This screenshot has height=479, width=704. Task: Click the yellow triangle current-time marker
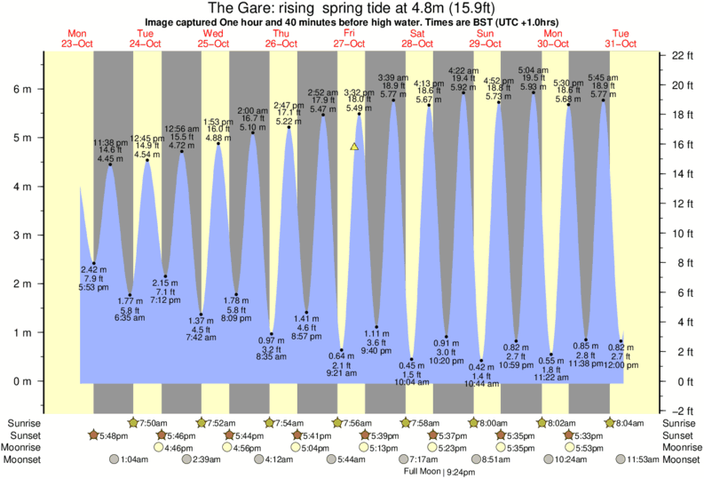click(x=354, y=146)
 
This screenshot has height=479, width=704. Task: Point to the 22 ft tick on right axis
click(x=681, y=55)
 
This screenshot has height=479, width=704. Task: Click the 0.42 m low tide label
click(x=482, y=365)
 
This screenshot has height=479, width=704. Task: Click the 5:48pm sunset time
click(x=113, y=435)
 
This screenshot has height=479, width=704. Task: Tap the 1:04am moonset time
click(x=132, y=459)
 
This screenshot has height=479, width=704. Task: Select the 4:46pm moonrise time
click(x=178, y=448)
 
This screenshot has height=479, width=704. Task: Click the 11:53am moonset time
click(x=646, y=459)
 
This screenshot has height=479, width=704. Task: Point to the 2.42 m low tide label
click(x=93, y=268)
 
